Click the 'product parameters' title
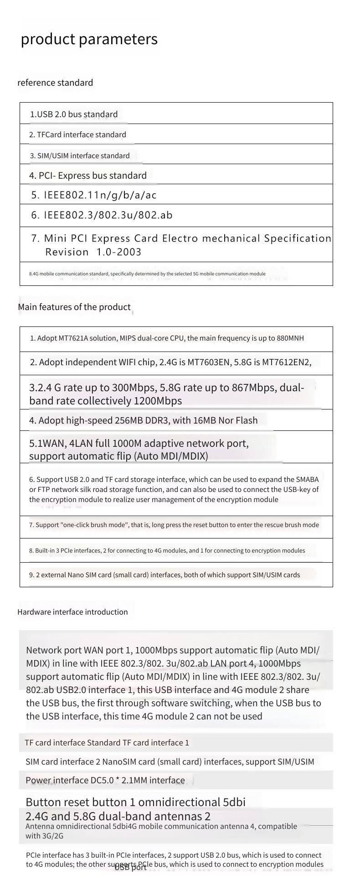click(x=89, y=39)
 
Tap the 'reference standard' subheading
click(x=55, y=83)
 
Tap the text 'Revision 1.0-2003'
click(x=93, y=252)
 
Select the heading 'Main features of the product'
click(x=74, y=307)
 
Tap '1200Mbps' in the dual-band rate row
click(x=158, y=401)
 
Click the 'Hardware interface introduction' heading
click(x=72, y=612)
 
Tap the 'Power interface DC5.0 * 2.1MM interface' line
click(x=105, y=780)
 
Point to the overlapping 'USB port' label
click(x=130, y=867)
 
